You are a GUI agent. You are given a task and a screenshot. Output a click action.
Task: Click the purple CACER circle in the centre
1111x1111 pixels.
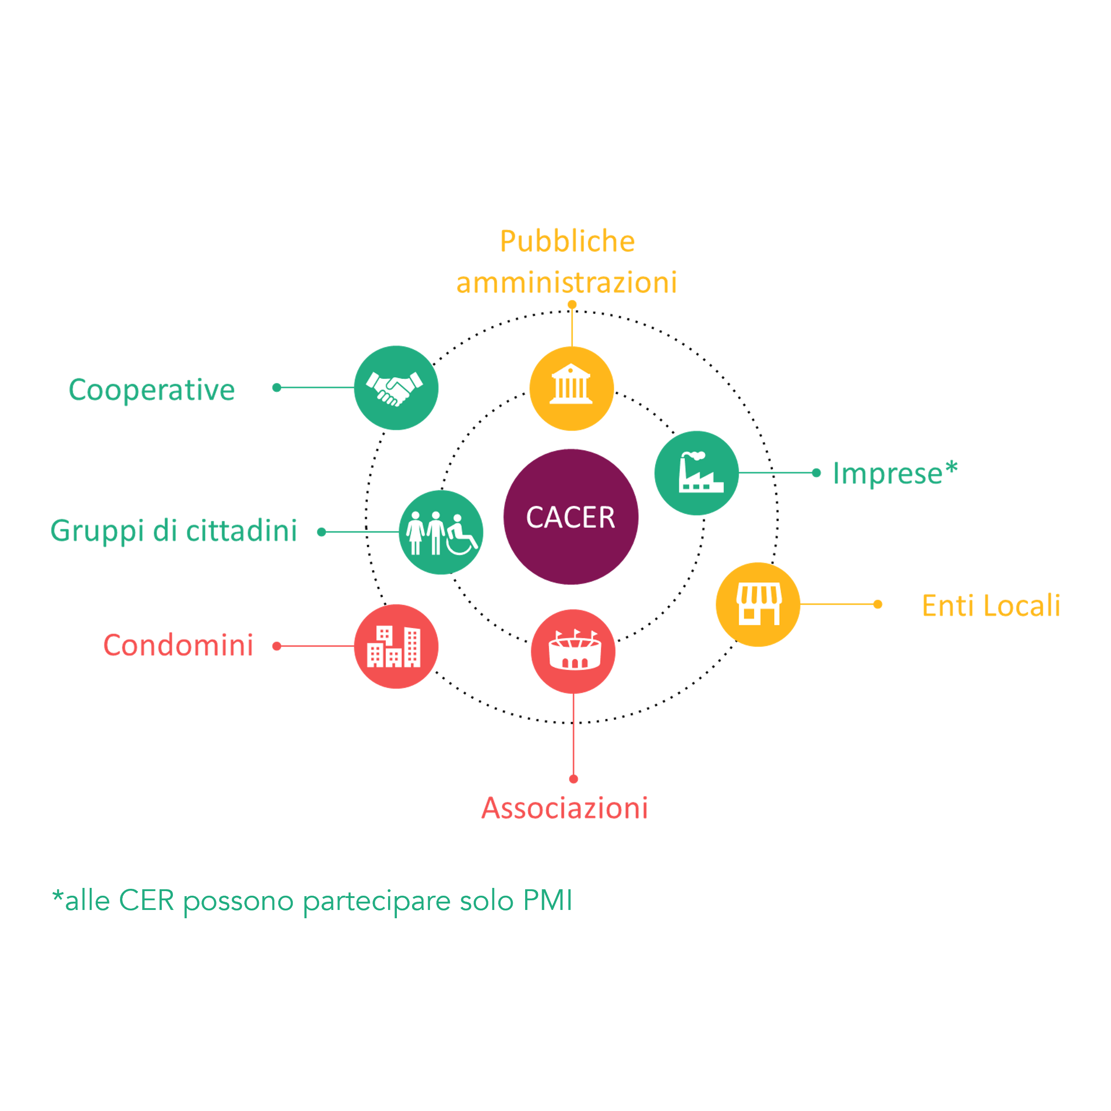pyautogui.click(x=571, y=517)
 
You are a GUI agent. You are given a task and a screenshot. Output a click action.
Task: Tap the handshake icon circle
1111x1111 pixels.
pyautogui.click(x=395, y=388)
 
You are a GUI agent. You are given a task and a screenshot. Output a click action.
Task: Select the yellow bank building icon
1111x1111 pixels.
pyautogui.click(x=571, y=388)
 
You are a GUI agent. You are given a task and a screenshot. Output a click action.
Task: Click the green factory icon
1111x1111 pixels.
pyautogui.click(x=696, y=473)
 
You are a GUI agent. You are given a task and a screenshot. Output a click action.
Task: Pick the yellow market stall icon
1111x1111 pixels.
pyautogui.click(x=758, y=604)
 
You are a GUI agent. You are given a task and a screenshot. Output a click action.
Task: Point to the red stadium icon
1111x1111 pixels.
pyautogui.click(x=573, y=651)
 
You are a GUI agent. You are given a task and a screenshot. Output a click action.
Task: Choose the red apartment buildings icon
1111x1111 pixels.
pyautogui.click(x=395, y=646)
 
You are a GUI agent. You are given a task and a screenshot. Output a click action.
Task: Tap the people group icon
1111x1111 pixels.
pyautogui.click(x=441, y=532)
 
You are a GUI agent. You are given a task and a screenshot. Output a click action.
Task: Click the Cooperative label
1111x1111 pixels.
pyautogui.click(x=152, y=390)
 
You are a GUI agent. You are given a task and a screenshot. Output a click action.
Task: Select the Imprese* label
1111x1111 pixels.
pyautogui.click(x=895, y=473)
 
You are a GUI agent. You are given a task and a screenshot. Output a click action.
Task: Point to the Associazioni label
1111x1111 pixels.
pyautogui.click(x=565, y=808)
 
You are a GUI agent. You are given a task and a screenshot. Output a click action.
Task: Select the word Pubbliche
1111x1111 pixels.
pyautogui.click(x=567, y=241)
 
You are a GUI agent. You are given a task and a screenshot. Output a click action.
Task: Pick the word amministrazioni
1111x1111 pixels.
pyautogui.click(x=567, y=282)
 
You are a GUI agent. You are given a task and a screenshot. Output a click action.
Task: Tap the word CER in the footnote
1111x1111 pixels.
pyautogui.click(x=146, y=900)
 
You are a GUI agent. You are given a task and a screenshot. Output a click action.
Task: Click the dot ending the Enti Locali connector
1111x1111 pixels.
pyautogui.click(x=877, y=604)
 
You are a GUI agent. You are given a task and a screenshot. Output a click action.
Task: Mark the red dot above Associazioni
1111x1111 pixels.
pyautogui.click(x=573, y=779)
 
